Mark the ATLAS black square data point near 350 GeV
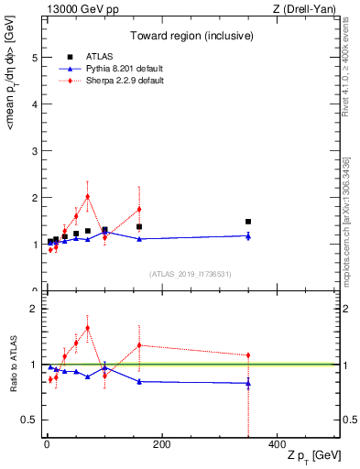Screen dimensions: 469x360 point(248,222)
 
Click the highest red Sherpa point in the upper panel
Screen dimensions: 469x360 point(87,196)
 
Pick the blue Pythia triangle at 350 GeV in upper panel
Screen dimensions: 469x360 point(248,236)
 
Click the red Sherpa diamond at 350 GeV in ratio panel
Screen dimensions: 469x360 point(248,355)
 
